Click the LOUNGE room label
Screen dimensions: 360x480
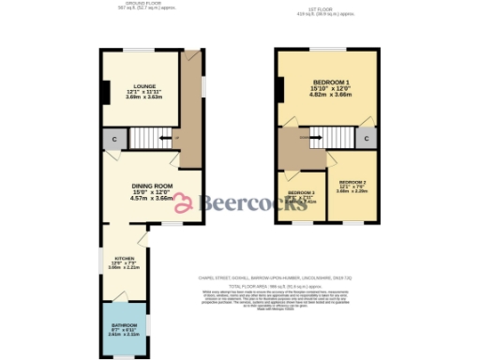[143, 85]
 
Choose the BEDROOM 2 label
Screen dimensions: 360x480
[352, 181]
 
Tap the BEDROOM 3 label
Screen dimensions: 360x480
[300, 190]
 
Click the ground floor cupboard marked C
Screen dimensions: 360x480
[113, 140]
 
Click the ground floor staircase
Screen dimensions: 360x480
[151, 139]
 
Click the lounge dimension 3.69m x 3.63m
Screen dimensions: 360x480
[143, 97]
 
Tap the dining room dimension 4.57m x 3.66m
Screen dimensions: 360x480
[151, 198]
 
